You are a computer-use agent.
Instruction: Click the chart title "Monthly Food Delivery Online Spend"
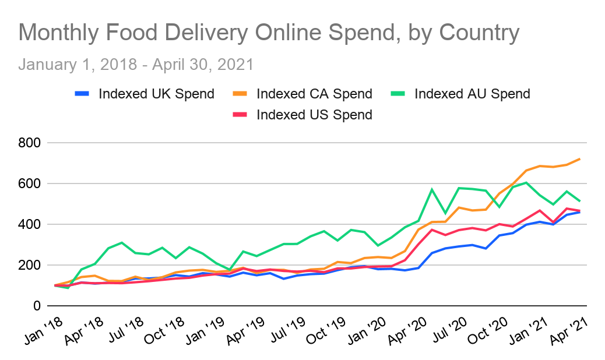[269, 33]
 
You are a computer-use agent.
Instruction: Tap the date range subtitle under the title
[136, 63]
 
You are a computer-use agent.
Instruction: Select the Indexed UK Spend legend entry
[156, 94]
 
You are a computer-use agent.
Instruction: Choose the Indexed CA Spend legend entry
[314, 94]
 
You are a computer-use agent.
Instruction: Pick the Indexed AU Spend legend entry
[472, 94]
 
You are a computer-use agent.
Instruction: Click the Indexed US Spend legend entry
[314, 115]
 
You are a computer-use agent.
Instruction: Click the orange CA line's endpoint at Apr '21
[579, 158]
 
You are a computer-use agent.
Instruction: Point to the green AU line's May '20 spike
[432, 189]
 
